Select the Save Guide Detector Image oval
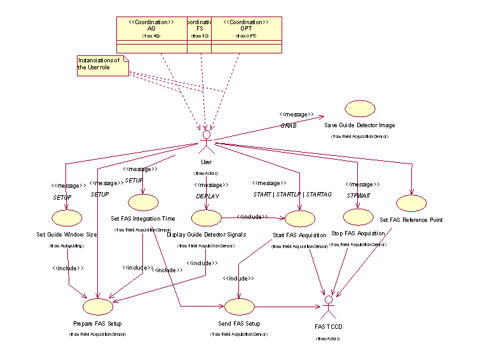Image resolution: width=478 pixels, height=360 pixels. tap(360, 109)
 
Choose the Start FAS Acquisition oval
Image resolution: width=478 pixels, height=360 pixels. tap(300, 219)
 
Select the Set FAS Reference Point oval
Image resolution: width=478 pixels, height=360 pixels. tap(411, 204)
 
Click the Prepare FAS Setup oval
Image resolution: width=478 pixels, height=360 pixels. tap(98, 307)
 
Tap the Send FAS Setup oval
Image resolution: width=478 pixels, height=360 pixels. tap(238, 307)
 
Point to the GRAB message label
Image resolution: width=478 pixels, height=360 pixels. tap(289, 126)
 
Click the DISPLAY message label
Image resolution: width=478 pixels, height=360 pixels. tap(207, 196)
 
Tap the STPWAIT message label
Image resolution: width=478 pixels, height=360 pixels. tap(358, 195)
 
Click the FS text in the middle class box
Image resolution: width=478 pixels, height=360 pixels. tap(199, 29)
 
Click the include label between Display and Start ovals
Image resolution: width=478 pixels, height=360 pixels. tap(254, 217)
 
